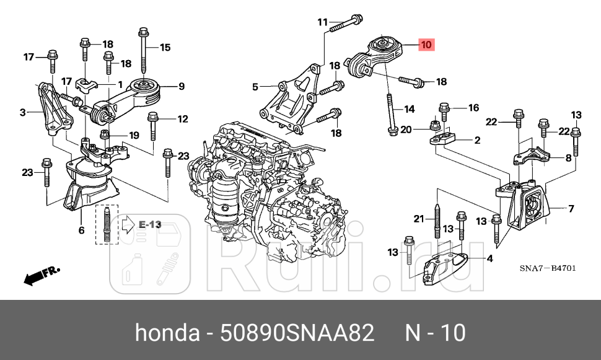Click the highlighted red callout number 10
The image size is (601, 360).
click(x=426, y=45)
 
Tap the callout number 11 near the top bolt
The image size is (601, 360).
click(x=322, y=23)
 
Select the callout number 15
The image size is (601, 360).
click(x=164, y=47)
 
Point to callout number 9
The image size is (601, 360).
click(x=182, y=86)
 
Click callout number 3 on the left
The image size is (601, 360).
click(x=22, y=112)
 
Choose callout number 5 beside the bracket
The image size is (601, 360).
click(x=255, y=87)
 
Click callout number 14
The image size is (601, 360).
click(x=409, y=109)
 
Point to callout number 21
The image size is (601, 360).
click(x=418, y=218)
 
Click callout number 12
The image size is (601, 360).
click(x=182, y=119)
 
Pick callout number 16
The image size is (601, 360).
click(x=473, y=108)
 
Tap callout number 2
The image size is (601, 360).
click(x=477, y=141)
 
